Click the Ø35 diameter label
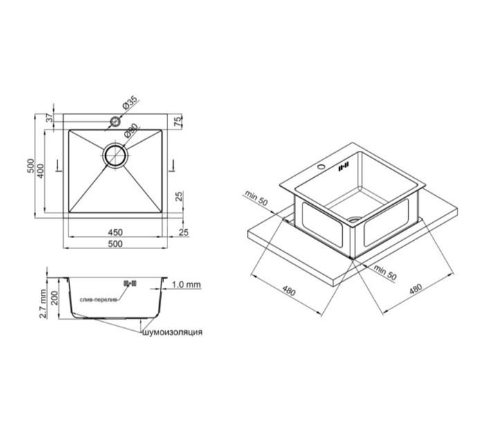coord(130,102)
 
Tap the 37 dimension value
coord(49,118)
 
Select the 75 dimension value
coord(178,120)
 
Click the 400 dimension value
coord(41,171)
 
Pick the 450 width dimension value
coord(115,233)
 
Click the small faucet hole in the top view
coord(115,122)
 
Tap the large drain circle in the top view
coord(116,155)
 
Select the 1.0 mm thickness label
coord(186,284)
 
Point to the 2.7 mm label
coord(43,304)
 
